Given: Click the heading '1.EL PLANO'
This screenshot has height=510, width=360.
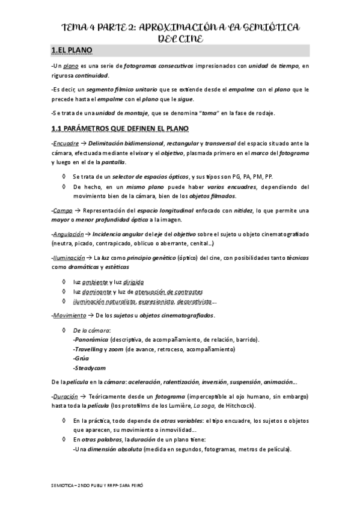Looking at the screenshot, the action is click(72, 51).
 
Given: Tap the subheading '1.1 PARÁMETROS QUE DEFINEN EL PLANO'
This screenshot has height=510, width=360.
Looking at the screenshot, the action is click(120, 129).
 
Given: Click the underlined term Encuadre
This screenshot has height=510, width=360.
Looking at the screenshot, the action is click(66, 144).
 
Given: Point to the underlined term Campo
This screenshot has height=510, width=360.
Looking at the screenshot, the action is click(63, 210).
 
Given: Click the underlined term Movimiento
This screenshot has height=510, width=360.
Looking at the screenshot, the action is click(69, 315).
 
